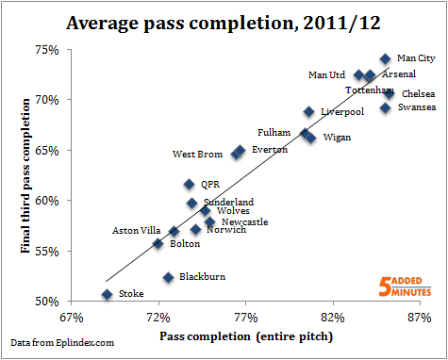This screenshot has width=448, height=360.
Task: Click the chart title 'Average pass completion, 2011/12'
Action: pos(224,21)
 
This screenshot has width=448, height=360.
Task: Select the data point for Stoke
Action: pos(108,294)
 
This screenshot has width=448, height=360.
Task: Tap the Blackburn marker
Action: pos(168,277)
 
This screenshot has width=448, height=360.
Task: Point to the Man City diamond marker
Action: pos(385,58)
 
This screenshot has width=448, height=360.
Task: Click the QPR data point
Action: pos(190,185)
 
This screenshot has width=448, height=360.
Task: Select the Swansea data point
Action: pos(385,107)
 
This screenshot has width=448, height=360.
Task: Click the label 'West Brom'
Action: pos(197,154)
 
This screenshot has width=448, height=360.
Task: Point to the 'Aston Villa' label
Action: pos(138,230)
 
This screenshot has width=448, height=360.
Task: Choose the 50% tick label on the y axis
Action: pos(47,302)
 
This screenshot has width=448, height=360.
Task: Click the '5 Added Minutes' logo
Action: pos(407,286)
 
